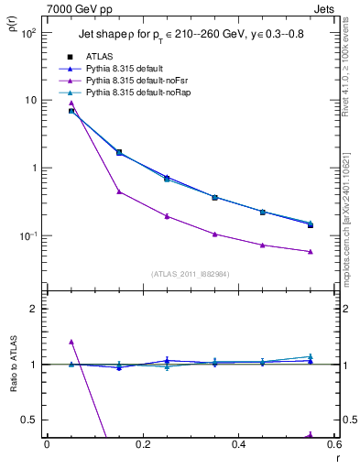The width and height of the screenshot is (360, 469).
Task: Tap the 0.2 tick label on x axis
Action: coord(142,446)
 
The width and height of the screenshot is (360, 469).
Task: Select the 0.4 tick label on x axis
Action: coord(238,446)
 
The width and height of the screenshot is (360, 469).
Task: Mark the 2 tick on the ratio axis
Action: coord(34,309)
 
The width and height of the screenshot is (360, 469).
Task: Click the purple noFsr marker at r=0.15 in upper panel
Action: coord(119,191)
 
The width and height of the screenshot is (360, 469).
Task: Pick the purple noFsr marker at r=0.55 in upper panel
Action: coord(311,251)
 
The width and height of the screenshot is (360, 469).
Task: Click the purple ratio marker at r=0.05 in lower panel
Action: coord(71,342)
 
